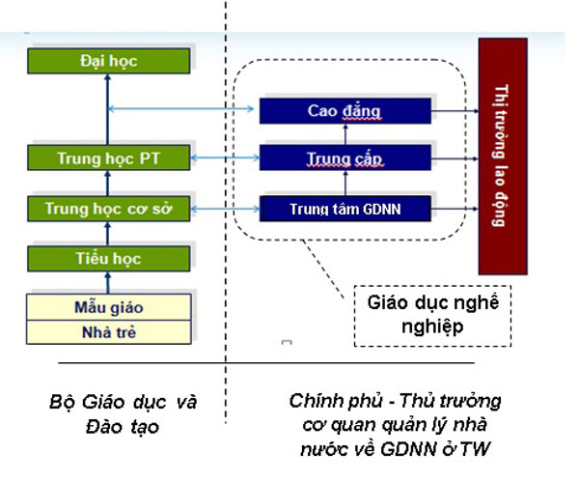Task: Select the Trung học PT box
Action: click(108, 157)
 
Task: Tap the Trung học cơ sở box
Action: click(108, 208)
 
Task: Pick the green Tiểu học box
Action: click(108, 258)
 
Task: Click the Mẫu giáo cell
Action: click(108, 309)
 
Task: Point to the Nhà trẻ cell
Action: click(108, 331)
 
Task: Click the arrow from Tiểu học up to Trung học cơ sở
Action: click(108, 233)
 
